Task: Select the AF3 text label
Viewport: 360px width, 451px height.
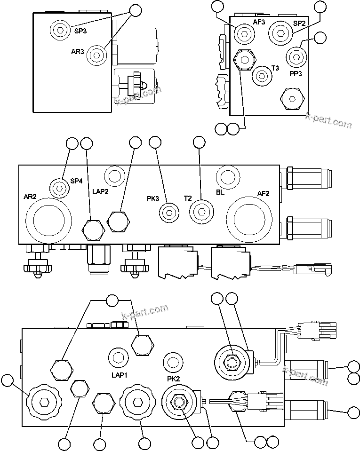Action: point(259,22)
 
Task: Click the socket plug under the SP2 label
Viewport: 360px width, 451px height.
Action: point(280,33)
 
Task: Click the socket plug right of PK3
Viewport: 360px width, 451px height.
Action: point(169,213)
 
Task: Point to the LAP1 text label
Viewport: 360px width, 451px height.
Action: point(120,375)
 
